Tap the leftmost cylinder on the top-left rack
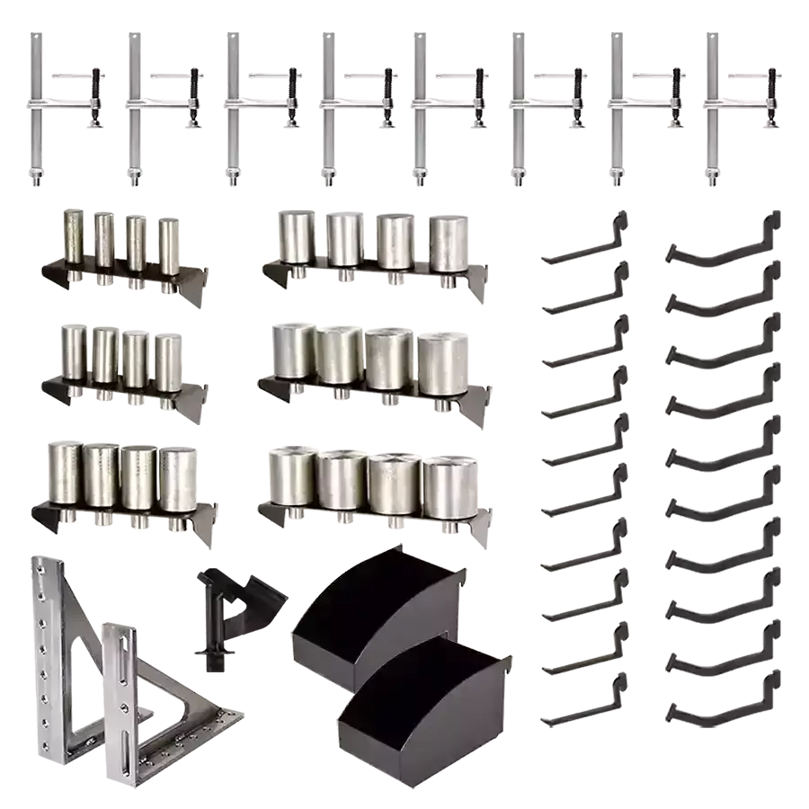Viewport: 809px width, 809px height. (x=71, y=240)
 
